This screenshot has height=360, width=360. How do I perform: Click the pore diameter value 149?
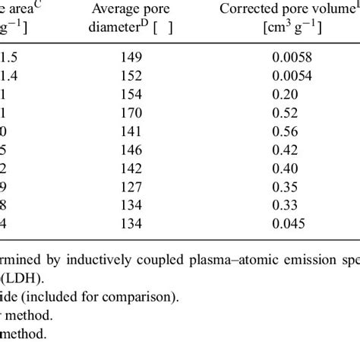point(131,55)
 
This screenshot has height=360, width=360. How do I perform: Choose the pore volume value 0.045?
point(289,223)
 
